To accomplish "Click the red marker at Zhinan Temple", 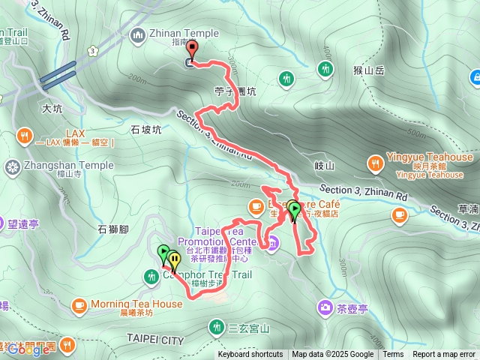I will click(x=191, y=50).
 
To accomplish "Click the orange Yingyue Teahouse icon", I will click(x=373, y=162).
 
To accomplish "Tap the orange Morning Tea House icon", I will click(x=79, y=304).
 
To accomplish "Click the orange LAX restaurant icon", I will click(x=24, y=136).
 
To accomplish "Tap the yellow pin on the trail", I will click(x=175, y=261).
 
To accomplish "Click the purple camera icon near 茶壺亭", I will click(x=325, y=306).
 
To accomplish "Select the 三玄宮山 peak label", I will click(x=249, y=328).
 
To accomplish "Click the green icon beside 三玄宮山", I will click(x=217, y=327).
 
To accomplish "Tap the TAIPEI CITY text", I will click(x=155, y=340).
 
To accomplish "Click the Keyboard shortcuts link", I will click(x=250, y=355).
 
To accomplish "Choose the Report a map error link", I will click(x=444, y=355).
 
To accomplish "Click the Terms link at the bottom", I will click(x=393, y=355).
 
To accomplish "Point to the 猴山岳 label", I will click(x=368, y=70).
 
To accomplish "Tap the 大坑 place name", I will click(x=52, y=109).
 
